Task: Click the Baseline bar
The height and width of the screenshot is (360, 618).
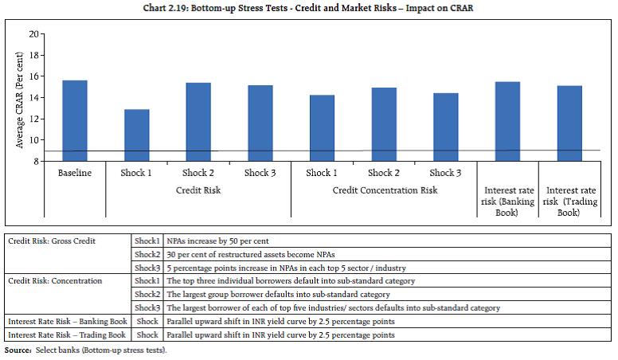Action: click(x=75, y=120)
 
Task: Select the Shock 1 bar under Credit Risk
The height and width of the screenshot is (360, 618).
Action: click(x=137, y=135)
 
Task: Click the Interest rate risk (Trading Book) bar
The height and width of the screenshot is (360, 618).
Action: click(x=569, y=123)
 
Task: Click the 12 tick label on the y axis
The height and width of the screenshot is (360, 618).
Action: click(x=33, y=119)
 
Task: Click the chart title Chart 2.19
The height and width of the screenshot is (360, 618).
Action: click(x=308, y=7)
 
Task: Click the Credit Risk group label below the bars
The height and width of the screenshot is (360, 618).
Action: click(x=198, y=191)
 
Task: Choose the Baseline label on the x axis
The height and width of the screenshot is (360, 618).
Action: click(x=75, y=173)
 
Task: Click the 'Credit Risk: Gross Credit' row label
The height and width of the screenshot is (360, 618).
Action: click(x=47, y=240)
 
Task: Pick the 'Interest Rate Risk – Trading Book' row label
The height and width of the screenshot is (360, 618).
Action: click(x=66, y=335)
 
